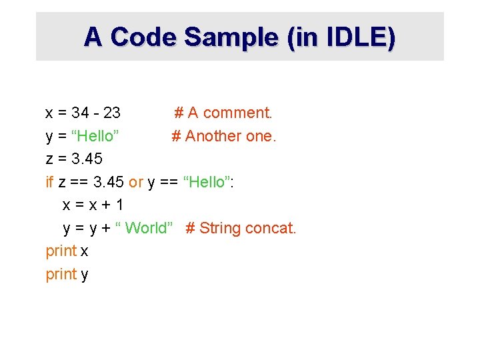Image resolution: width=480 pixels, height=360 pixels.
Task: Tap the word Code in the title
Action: click(143, 37)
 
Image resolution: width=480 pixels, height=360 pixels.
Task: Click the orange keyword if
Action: click(49, 182)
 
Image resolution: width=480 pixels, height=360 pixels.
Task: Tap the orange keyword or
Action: click(136, 182)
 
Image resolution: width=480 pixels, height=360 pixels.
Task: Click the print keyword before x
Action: click(61, 251)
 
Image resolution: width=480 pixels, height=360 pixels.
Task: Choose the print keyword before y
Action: click(61, 274)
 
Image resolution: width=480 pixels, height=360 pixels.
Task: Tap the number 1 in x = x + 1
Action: click(119, 205)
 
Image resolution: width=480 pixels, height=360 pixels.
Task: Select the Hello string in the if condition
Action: click(207, 182)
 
